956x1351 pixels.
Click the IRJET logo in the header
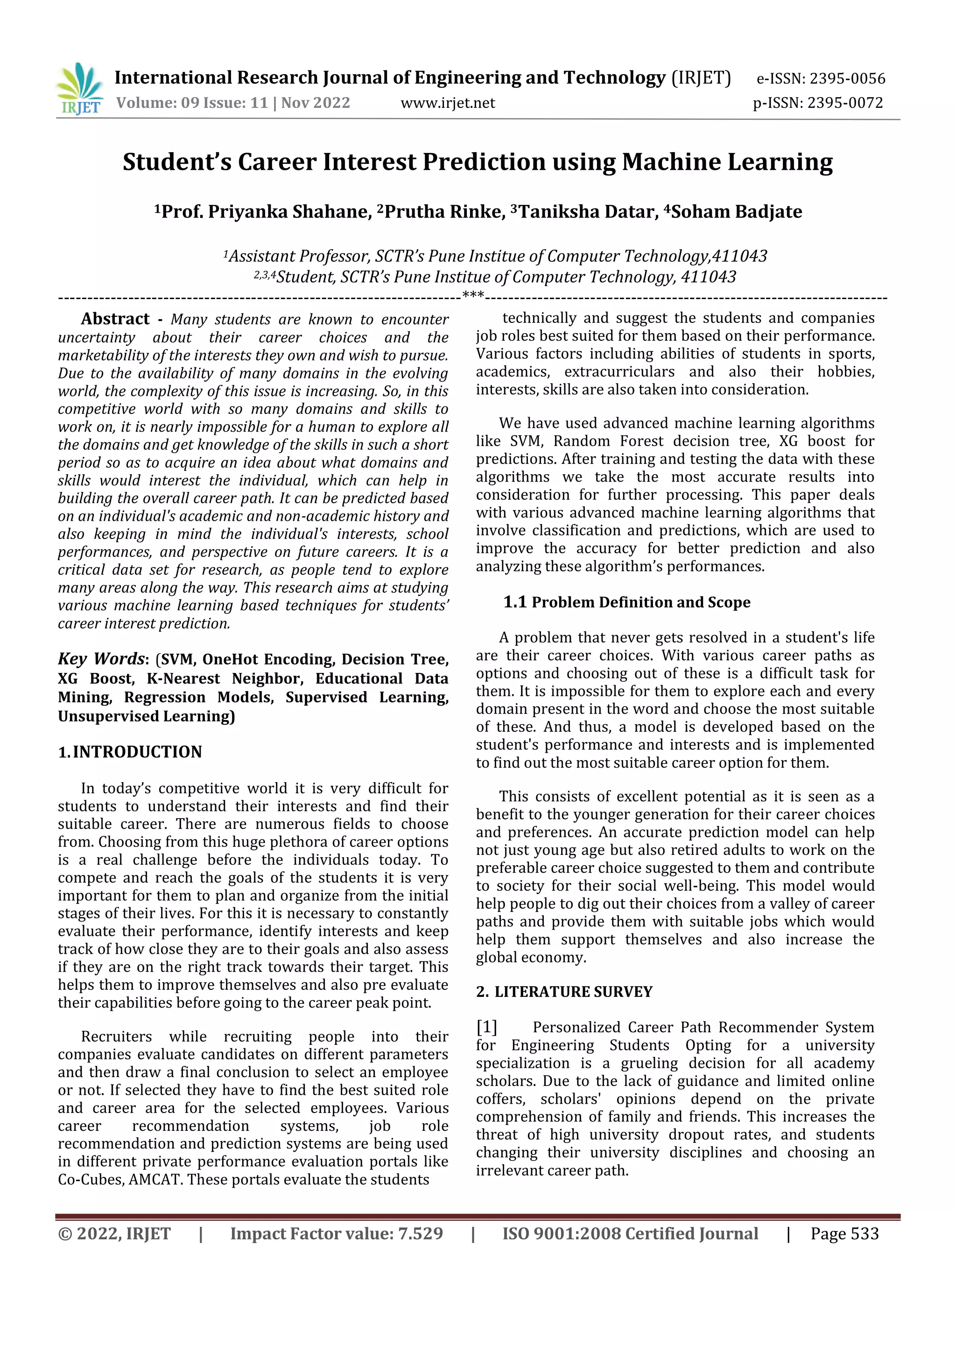[79, 90]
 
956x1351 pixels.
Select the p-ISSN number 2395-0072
[845, 103]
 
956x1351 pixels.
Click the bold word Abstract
[115, 319]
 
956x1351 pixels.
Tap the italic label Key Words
[101, 658]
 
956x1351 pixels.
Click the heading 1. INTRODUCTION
[130, 752]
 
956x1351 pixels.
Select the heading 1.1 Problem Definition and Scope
[627, 602]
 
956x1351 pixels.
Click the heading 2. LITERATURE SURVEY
[564, 992]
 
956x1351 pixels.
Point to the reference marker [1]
[487, 1028]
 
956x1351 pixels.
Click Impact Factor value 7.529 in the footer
[336, 1234]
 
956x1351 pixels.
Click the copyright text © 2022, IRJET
[114, 1234]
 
